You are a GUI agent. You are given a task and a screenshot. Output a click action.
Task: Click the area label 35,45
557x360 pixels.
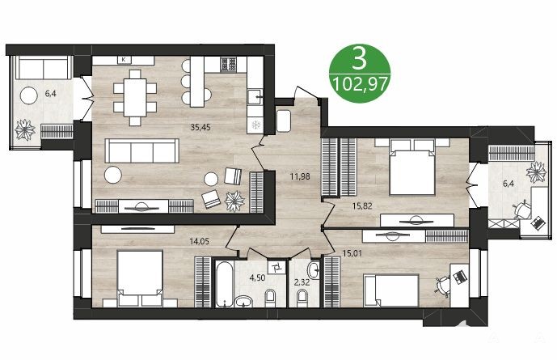(200, 127)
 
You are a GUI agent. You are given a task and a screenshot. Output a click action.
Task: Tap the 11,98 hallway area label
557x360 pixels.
(300, 176)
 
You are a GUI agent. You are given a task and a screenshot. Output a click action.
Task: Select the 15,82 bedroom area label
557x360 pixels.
(362, 205)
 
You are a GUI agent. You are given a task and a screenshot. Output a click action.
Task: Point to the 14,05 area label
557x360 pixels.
(200, 242)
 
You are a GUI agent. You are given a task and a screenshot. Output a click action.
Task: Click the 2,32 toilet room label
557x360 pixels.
(302, 283)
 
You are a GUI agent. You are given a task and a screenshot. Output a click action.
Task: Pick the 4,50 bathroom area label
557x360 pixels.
(257, 277)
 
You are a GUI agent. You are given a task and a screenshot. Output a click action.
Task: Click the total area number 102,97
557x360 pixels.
(360, 85)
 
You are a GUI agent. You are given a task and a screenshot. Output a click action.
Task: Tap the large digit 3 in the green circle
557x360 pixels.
(359, 58)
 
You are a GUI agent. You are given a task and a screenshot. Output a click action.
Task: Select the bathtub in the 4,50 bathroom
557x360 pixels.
(225, 284)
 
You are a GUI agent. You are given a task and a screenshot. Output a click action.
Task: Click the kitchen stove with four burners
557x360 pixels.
(229, 65)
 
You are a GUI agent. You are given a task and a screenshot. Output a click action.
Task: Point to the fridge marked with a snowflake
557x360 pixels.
(255, 125)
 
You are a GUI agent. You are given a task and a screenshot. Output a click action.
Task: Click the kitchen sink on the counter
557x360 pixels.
(255, 96)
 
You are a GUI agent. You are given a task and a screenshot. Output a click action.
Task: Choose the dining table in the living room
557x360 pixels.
(135, 97)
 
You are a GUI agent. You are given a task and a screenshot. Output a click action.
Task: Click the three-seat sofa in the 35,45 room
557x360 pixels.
(142, 150)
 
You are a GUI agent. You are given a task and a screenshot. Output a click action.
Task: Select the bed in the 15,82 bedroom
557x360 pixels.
(412, 167)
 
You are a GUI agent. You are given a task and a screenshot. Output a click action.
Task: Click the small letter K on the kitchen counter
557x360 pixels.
(124, 60)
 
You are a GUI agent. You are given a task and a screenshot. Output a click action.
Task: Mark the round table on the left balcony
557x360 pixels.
(29, 95)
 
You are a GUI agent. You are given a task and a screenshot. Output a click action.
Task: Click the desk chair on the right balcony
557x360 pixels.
(521, 210)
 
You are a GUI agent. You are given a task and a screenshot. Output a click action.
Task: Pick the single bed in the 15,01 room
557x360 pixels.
(391, 290)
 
